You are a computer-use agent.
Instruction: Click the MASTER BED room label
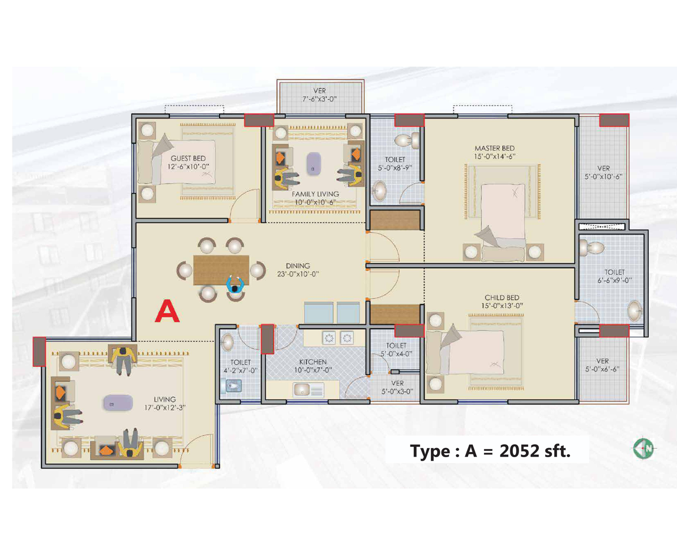point(490,148)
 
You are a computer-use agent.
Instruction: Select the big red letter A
point(168,311)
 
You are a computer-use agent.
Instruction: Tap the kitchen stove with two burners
point(337,338)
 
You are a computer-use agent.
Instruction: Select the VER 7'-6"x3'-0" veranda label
point(320,95)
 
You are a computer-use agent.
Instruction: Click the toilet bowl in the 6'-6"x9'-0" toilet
point(592,247)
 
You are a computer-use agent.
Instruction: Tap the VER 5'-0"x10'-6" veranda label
point(603,172)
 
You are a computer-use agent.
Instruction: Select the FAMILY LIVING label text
point(314,193)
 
